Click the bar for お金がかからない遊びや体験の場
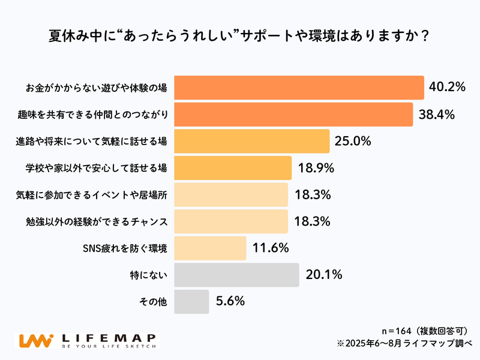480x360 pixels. pyautogui.click(x=299, y=88)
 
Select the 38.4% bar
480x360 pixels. pyautogui.click(x=293, y=115)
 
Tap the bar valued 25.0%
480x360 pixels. pyautogui.click(x=252, y=142)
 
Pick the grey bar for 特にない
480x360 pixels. pyautogui.click(x=236, y=275)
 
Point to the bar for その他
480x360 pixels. pyautogui.click(x=191, y=301)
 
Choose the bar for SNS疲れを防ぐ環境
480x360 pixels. pyautogui.click(x=210, y=248)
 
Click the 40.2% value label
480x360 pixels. pyautogui.click(x=448, y=88)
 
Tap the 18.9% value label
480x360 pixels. pyautogui.click(x=314, y=168)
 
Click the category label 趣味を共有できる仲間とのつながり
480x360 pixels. pyautogui.click(x=91, y=115)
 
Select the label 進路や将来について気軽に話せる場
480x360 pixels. pyautogui.click(x=91, y=142)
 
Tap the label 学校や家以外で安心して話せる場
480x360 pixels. pyautogui.click(x=91, y=168)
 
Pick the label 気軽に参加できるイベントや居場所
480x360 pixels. pyautogui.click(x=91, y=195)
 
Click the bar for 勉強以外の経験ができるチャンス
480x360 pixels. pyautogui.click(x=231, y=221)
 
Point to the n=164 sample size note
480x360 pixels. pyautogui.click(x=424, y=331)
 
